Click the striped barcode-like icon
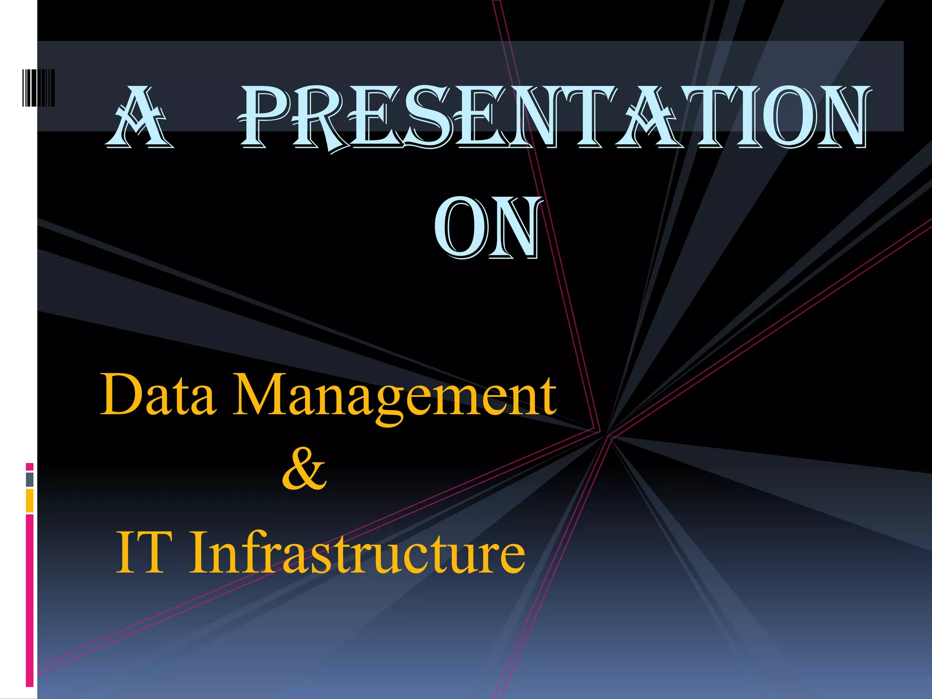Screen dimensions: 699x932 point(38,88)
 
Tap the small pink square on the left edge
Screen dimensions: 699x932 point(30,466)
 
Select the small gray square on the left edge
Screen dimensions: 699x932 point(30,479)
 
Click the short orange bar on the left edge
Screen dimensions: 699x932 point(30,501)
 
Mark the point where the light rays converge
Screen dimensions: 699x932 point(608,435)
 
